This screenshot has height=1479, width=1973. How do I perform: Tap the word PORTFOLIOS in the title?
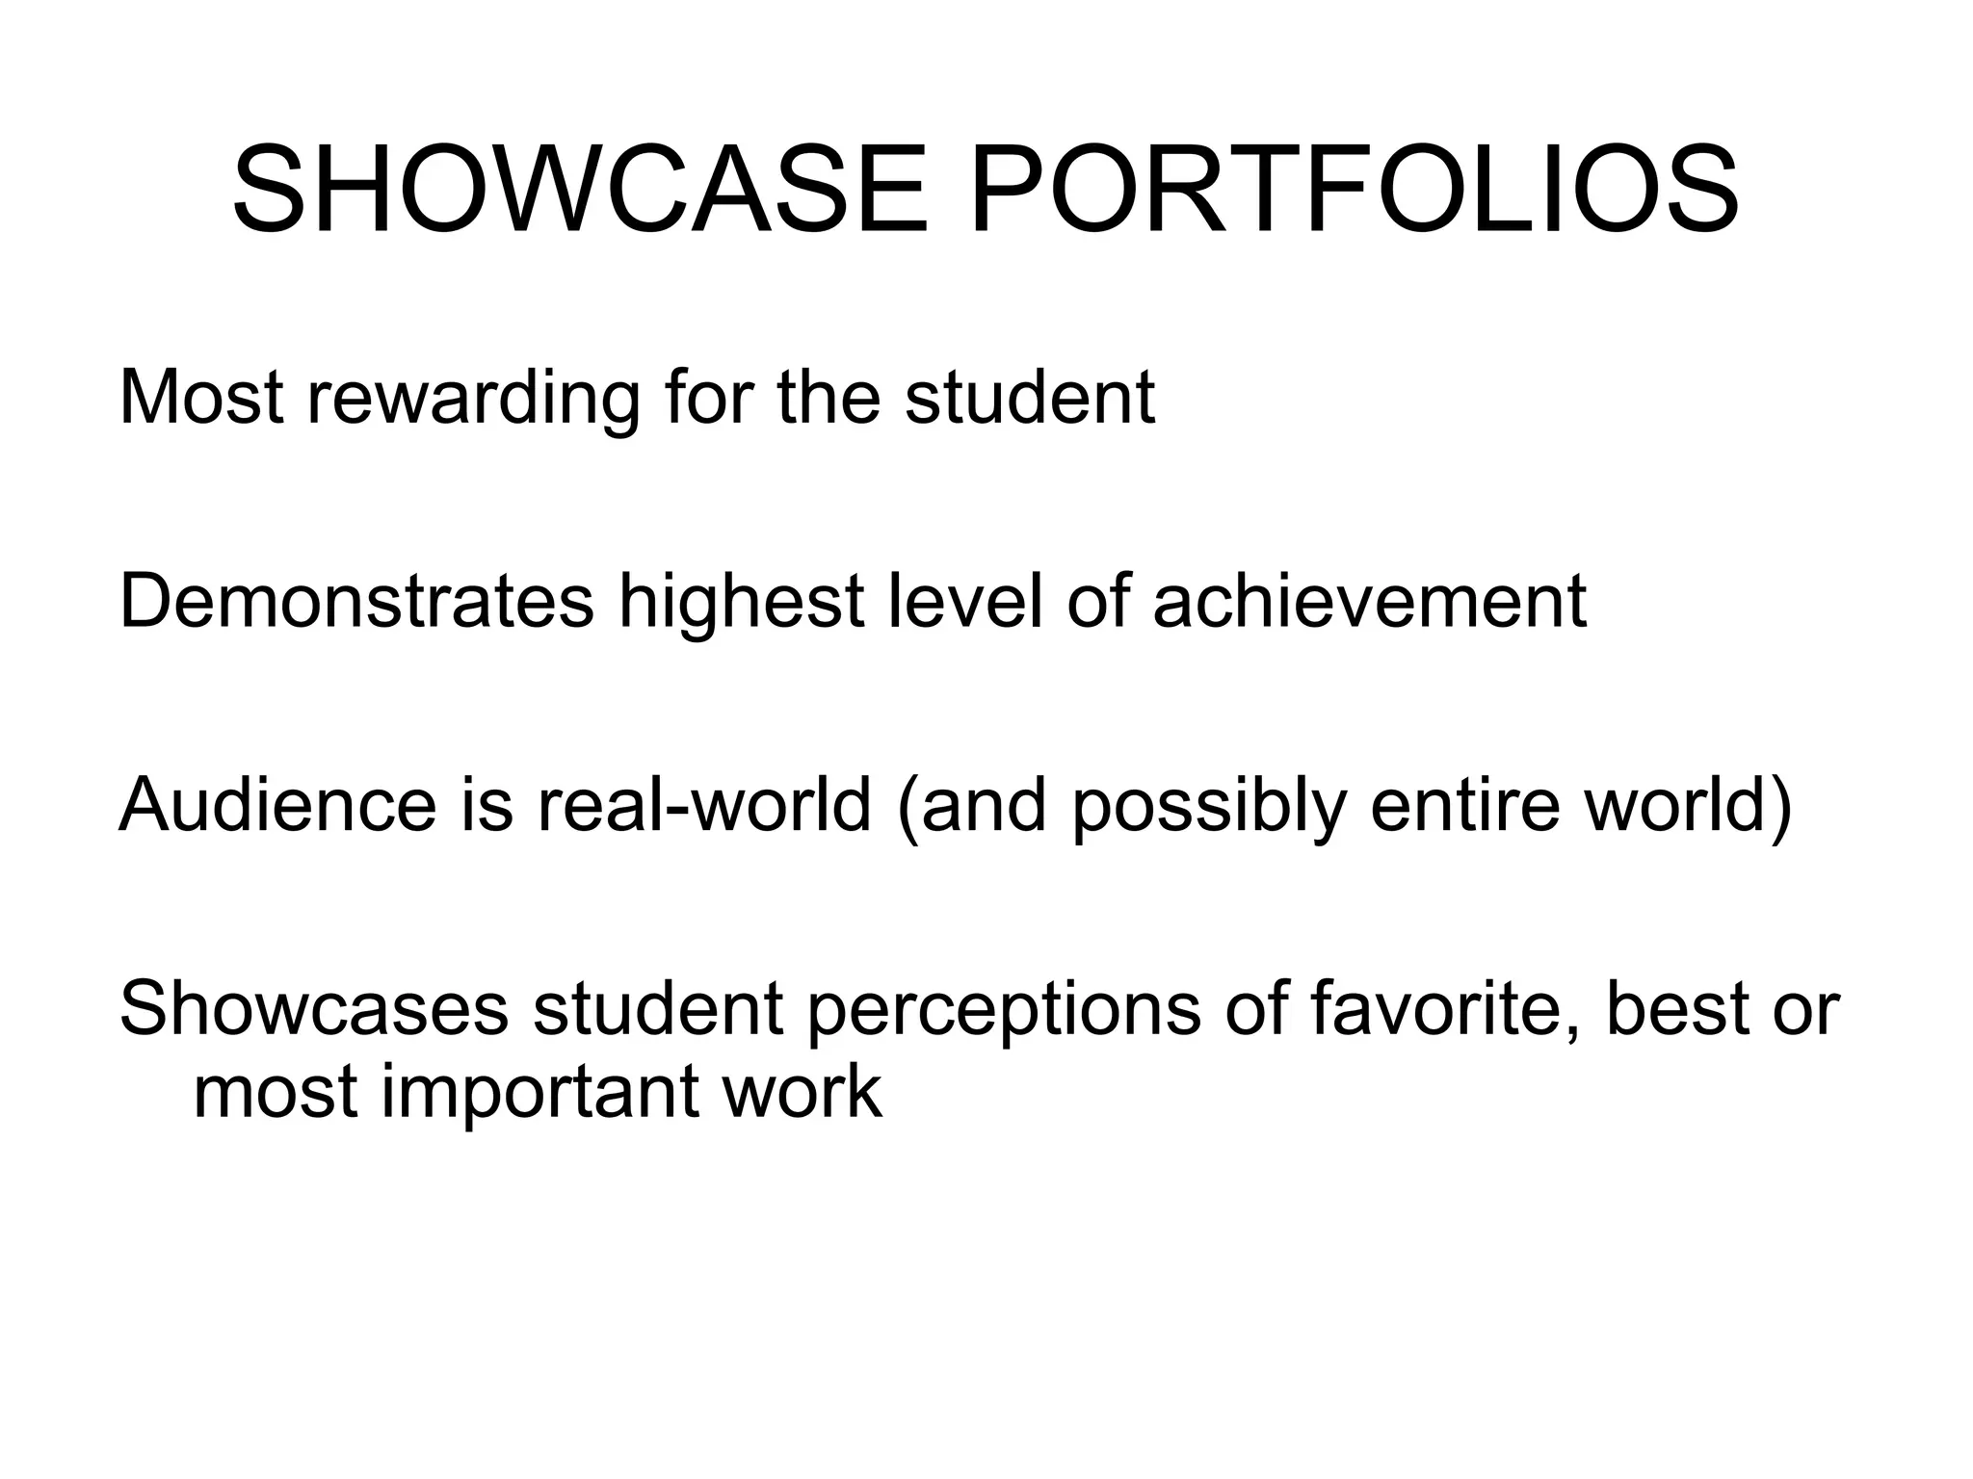click(x=1355, y=190)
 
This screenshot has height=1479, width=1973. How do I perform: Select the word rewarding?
click(x=473, y=398)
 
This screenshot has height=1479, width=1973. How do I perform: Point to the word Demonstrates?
click(x=356, y=602)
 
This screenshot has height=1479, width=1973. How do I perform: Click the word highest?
click(x=741, y=602)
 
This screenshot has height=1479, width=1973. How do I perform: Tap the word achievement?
click(x=1369, y=602)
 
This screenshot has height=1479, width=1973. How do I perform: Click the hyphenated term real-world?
click(x=704, y=805)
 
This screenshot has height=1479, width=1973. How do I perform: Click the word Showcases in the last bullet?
click(x=314, y=1009)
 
